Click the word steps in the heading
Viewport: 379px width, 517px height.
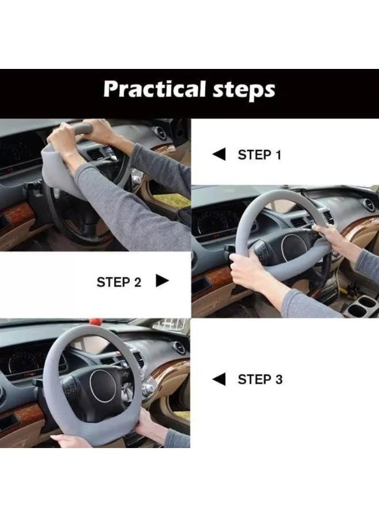tap(244, 90)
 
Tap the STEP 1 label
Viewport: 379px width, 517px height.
tap(260, 155)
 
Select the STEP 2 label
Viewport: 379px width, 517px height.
tap(119, 282)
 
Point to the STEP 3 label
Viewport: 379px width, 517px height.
tap(260, 380)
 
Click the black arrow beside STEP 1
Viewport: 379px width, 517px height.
tap(219, 154)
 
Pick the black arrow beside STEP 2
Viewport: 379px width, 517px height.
tap(162, 281)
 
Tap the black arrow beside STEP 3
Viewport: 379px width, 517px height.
tap(219, 379)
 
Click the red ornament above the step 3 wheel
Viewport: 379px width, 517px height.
tap(95, 322)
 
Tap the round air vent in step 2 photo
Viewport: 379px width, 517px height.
tap(369, 205)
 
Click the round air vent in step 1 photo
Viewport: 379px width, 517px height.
tap(161, 133)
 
